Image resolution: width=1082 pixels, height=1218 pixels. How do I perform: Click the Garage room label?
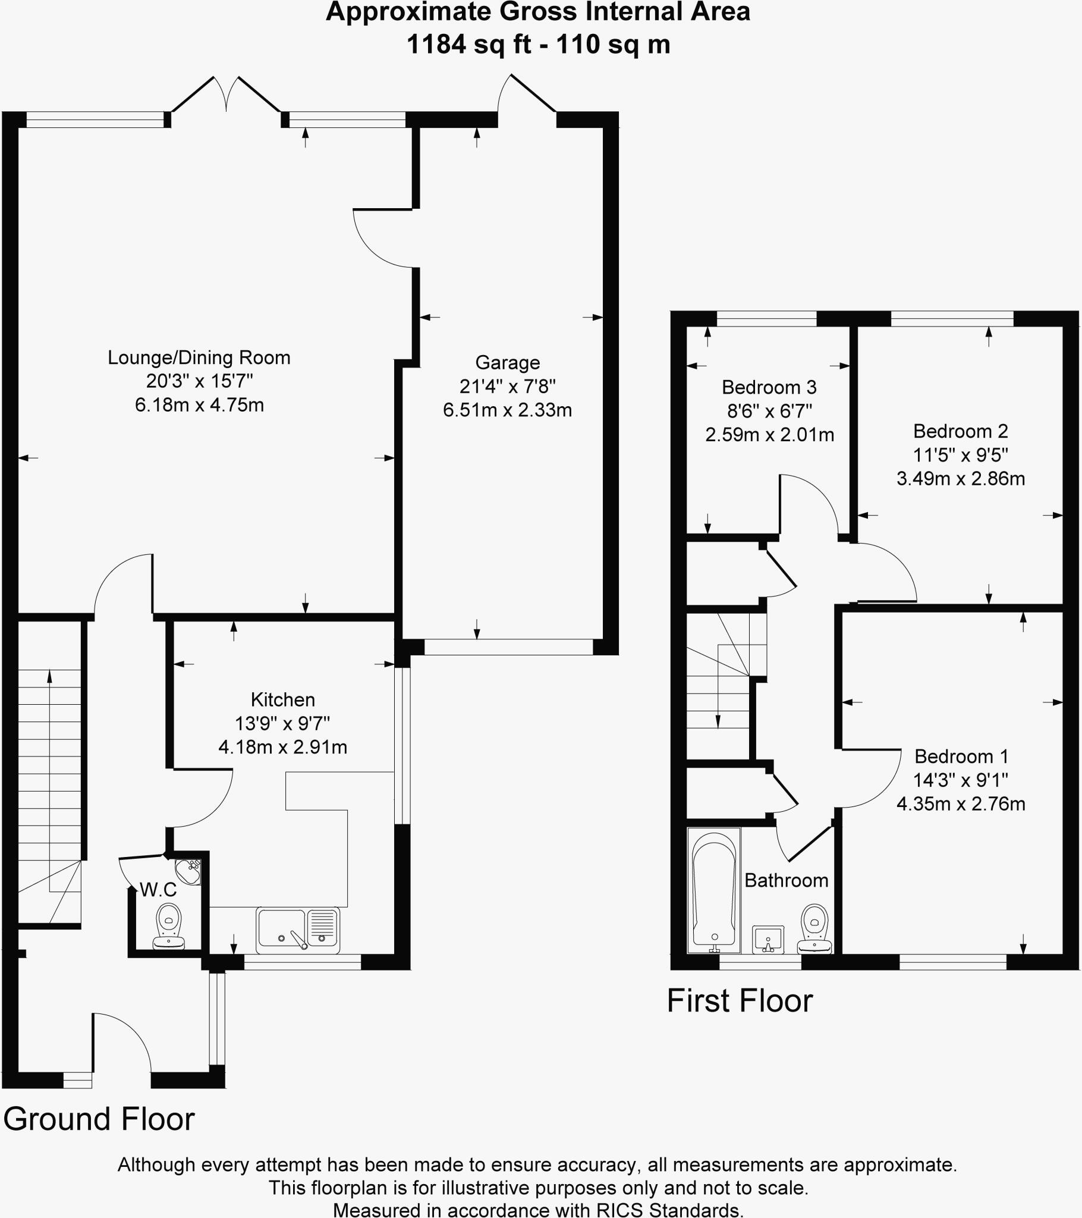(507, 362)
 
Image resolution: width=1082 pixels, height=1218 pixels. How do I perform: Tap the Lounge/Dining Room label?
(199, 357)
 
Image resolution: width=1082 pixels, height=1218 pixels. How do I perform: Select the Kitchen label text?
(282, 699)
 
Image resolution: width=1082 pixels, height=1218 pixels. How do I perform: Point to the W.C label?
(158, 890)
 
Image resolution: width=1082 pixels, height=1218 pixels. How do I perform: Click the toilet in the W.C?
(169, 926)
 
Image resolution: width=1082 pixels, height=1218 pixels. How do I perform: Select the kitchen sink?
(298, 930)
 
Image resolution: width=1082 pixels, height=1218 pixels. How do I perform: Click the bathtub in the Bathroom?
(714, 890)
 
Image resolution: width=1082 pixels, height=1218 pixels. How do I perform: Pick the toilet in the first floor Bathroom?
(814, 928)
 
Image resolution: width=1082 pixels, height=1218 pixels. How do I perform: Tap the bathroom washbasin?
(768, 939)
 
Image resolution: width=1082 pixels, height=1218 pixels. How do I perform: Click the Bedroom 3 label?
(769, 387)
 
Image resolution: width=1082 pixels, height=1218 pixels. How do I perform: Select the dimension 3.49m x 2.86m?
(961, 479)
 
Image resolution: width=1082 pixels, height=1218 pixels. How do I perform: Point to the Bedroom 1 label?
(961, 756)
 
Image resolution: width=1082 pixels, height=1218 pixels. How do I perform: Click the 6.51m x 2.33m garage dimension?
(507, 410)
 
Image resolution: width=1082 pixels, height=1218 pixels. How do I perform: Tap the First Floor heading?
(740, 1000)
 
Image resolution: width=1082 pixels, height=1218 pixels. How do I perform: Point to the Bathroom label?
(786, 880)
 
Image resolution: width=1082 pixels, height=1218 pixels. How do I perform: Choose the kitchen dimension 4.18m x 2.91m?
(282, 746)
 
